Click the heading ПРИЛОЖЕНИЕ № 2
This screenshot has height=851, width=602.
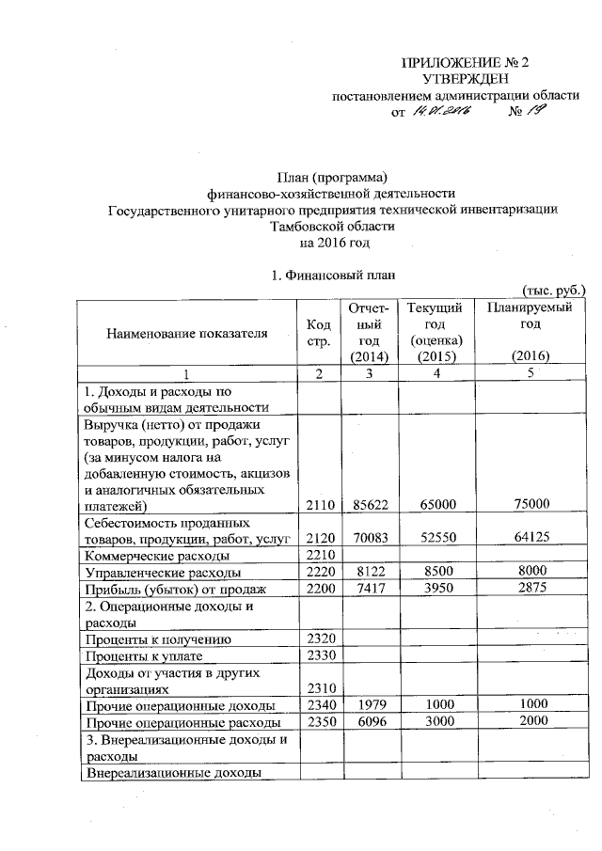[x=467, y=63]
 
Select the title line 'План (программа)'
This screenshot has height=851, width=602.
[x=333, y=177]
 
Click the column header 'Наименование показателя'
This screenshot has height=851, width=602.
[x=186, y=333]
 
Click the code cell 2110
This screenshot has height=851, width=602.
[x=318, y=505]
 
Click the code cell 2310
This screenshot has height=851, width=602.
[x=318, y=689]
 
